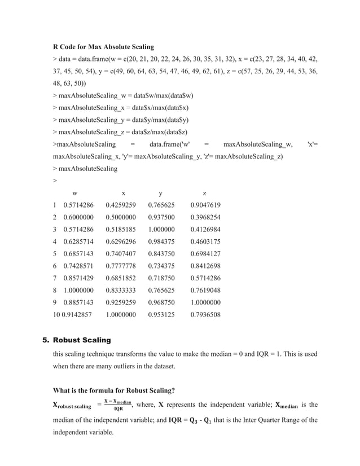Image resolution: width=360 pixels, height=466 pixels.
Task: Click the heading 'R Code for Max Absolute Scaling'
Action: tap(103, 46)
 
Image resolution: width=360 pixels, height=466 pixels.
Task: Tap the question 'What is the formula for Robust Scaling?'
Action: tap(113, 389)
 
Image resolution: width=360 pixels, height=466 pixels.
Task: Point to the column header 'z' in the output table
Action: tap(204, 193)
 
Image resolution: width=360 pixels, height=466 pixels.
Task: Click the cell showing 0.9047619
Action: tap(205, 205)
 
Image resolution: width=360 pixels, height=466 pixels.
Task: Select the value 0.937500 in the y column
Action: tap(161, 217)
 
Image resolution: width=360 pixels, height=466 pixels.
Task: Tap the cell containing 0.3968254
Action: tap(205, 217)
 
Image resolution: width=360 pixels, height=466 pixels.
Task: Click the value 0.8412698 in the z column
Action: tap(205, 266)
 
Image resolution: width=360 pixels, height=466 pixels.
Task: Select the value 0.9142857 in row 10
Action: tap(78, 314)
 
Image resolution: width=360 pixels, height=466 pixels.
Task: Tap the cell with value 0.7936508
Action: tap(205, 314)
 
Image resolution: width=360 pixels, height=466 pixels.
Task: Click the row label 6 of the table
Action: tap(55, 266)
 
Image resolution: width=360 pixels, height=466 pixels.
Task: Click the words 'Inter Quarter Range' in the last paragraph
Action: tap(270, 420)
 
